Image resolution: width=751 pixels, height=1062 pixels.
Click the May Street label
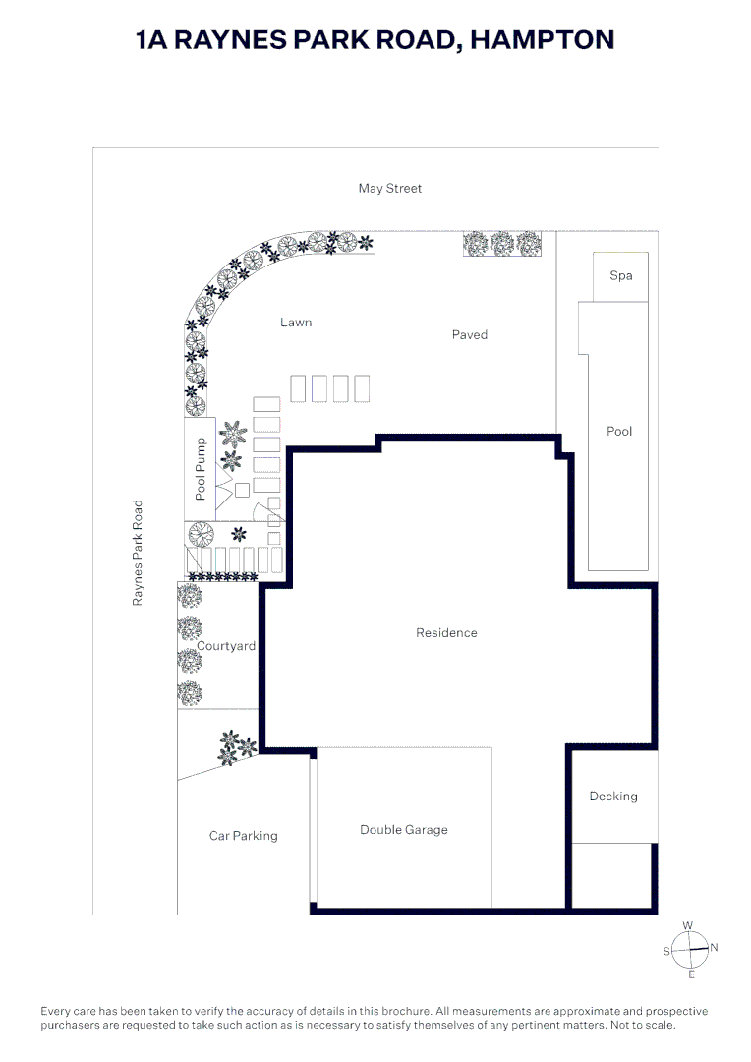389,188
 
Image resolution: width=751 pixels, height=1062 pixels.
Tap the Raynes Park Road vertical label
138,553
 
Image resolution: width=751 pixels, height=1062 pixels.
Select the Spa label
620,275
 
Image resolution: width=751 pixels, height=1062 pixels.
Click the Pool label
619,431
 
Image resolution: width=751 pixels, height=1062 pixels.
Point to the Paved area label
469,334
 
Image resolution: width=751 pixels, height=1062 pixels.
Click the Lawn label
296,322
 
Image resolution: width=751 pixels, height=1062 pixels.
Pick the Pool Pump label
201,469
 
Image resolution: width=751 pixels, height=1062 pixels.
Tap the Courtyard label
226,646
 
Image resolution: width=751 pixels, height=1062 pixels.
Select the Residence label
446,632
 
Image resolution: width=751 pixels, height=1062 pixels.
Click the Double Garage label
403,829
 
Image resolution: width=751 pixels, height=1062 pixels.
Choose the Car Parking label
243,835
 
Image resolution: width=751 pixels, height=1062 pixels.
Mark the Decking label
612,796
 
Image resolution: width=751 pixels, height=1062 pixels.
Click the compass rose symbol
691,949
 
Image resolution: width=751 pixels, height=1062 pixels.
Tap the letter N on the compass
715,947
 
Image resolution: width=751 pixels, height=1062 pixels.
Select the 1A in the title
155,39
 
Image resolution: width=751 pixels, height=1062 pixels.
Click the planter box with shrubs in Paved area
502,243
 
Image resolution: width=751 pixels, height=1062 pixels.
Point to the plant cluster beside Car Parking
234,747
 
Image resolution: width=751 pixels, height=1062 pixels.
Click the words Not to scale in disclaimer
639,1025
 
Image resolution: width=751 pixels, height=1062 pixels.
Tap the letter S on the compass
666,951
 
